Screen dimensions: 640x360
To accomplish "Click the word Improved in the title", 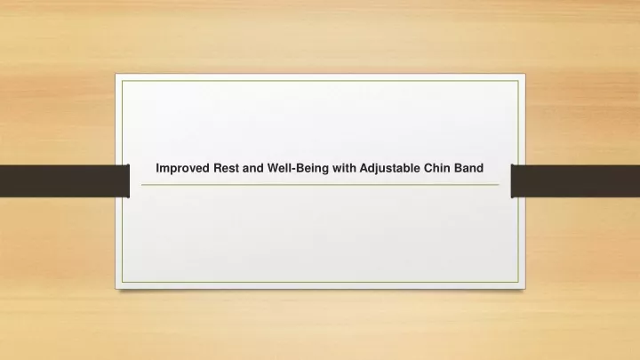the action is pos(183,169).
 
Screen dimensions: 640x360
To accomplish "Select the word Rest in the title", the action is pos(226,168).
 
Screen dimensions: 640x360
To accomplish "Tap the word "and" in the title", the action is pos(253,168).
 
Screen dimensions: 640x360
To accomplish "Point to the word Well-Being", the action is pos(298,169).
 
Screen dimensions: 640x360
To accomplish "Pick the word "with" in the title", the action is pos(344,168).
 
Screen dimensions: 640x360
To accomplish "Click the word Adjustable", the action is pos(390,169).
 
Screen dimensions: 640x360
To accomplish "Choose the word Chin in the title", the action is pos(436,168).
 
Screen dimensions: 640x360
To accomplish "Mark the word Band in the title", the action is pos(468,168).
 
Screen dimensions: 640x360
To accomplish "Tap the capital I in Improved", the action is pos(157,168).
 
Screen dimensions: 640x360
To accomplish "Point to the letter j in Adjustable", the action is pos(377,169).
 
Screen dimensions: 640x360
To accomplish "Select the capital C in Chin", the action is pos(428,168).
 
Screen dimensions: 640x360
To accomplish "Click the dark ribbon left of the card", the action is pos(65,180).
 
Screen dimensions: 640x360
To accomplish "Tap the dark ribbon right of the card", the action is pos(575,180).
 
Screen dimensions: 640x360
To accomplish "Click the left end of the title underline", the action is pos(141,185).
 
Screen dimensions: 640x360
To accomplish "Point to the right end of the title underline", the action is pos(499,185).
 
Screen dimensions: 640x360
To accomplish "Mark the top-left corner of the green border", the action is pos(122,81).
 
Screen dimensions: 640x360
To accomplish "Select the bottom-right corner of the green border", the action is pos(518,282).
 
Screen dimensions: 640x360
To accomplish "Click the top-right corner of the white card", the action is pos(525,75).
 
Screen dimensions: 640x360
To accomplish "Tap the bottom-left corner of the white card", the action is pos(116,289).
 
